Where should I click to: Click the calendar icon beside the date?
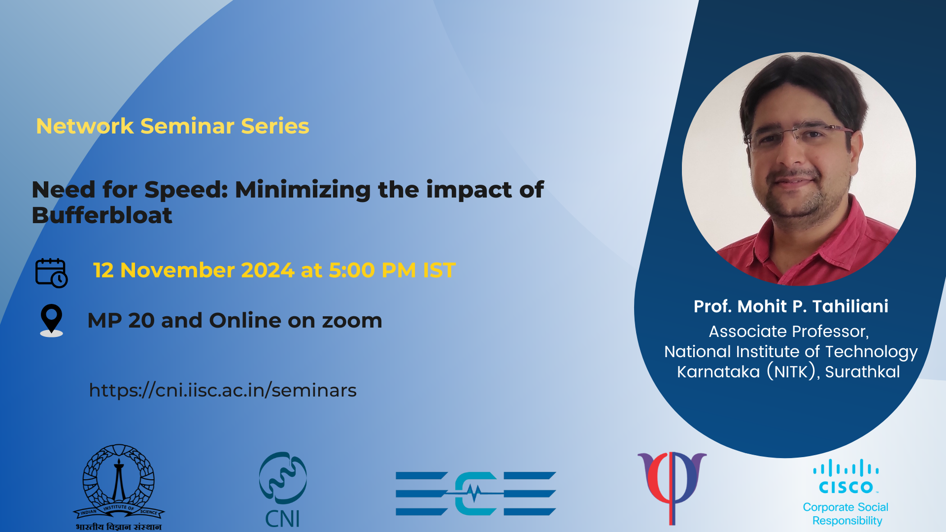click(x=51, y=272)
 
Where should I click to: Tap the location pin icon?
click(x=51, y=320)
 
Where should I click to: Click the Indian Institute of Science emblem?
click(x=119, y=487)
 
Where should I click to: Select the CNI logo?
click(x=283, y=489)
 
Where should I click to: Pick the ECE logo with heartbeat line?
click(x=476, y=493)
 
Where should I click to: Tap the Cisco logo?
click(x=846, y=476)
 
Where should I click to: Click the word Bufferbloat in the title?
click(x=102, y=215)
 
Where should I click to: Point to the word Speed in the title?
click(x=186, y=190)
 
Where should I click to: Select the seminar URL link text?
click(x=223, y=390)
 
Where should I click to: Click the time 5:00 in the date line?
click(x=352, y=270)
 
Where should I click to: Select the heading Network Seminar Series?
click(x=172, y=126)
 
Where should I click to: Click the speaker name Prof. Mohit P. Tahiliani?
click(x=791, y=306)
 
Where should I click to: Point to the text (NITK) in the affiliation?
click(x=791, y=371)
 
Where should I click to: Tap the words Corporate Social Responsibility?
click(x=846, y=514)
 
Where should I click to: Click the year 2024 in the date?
click(x=268, y=270)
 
